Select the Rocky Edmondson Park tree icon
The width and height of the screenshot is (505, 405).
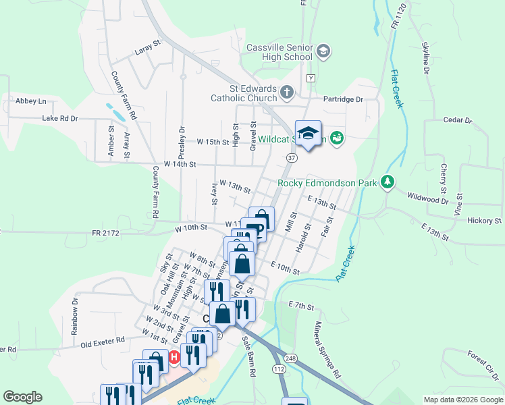point(387,182)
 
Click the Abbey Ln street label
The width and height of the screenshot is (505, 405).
point(31,101)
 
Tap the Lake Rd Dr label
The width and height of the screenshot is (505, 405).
point(60,118)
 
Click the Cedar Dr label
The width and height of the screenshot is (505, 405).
point(458,120)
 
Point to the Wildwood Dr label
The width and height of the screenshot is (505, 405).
point(427,198)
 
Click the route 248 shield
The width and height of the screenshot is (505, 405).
point(291,358)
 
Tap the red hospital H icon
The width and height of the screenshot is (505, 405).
point(174,356)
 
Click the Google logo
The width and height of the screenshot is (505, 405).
point(22,397)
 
